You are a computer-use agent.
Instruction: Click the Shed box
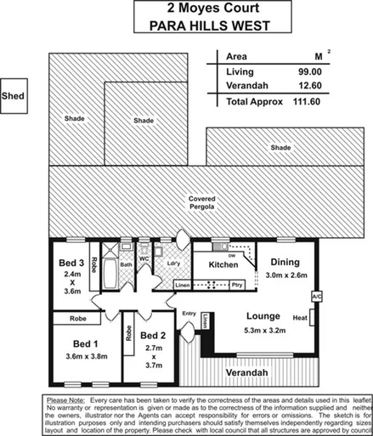coord(14,96)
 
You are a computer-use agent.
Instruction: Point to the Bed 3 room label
coord(71,264)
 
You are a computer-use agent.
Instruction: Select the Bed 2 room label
coord(155,335)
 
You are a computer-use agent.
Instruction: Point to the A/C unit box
coord(316,296)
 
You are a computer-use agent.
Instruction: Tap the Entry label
coord(189,314)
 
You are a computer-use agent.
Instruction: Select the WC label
coord(144,258)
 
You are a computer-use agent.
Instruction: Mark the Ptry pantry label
coord(238,285)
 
